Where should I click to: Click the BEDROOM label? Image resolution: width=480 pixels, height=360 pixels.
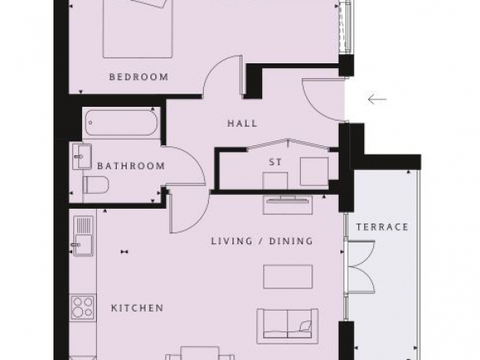(x=139, y=76)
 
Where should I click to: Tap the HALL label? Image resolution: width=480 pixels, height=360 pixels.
(x=242, y=123)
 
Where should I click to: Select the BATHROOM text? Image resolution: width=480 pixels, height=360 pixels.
(x=131, y=166)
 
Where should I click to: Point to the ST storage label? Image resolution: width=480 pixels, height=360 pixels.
(x=275, y=162)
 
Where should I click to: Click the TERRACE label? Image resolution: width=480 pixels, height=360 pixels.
(x=382, y=227)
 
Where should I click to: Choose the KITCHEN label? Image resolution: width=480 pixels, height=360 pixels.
(x=137, y=307)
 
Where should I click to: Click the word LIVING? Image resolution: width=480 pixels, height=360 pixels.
(x=232, y=241)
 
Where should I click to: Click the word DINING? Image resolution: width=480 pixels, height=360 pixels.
(x=291, y=241)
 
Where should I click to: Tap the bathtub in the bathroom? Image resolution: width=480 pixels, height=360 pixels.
(x=122, y=122)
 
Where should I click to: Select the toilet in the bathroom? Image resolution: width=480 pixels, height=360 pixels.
(x=96, y=185)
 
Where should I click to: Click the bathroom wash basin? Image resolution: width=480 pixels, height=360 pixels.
(x=82, y=157)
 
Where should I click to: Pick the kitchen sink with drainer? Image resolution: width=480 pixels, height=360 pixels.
(x=83, y=235)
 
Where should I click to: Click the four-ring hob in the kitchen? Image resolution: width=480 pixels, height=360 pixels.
(x=83, y=307)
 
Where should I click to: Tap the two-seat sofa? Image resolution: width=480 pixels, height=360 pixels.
(x=288, y=326)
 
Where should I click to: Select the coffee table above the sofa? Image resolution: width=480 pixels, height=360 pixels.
(x=288, y=277)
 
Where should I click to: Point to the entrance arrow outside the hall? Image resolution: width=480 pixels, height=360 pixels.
(x=377, y=99)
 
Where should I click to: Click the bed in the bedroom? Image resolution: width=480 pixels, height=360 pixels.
(x=138, y=29)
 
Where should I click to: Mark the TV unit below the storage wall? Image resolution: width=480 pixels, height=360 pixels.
(x=288, y=205)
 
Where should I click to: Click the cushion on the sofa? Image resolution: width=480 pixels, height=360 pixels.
(x=306, y=325)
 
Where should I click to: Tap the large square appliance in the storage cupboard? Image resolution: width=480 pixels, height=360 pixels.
(x=315, y=172)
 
